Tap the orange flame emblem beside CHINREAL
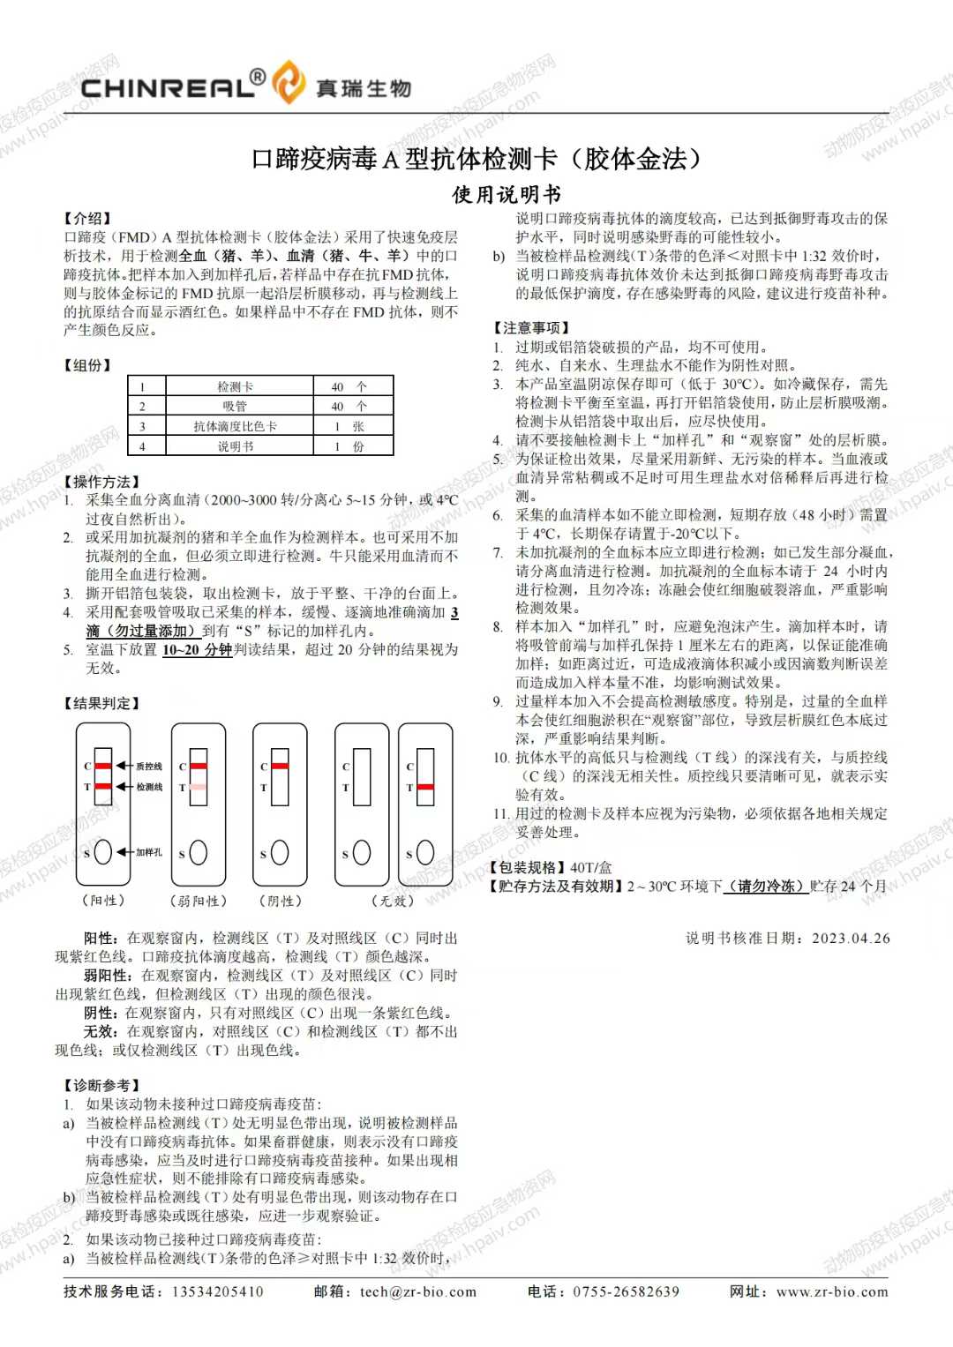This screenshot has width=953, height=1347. [288, 83]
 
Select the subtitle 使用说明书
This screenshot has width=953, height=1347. [507, 194]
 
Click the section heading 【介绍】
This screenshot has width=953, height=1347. [87, 218]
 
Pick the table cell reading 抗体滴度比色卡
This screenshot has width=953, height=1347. [235, 426]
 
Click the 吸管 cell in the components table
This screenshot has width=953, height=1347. [235, 406]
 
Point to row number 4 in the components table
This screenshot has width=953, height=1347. [142, 446]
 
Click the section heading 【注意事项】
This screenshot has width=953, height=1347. [531, 327]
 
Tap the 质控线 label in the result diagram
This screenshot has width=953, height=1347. [149, 766]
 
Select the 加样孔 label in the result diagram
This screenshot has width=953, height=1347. [149, 852]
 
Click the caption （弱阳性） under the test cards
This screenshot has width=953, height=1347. [199, 901]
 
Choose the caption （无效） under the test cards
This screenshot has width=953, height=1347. [393, 901]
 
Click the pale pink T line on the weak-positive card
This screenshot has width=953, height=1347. [199, 786]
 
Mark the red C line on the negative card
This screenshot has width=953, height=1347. [280, 765]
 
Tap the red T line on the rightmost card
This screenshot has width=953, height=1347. [425, 786]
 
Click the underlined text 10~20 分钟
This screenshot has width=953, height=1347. [197, 650]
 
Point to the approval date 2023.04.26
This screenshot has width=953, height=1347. [851, 938]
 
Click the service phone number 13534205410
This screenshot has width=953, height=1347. [217, 1291]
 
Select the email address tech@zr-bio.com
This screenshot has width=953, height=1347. [418, 1291]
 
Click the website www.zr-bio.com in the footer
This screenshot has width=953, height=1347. [832, 1291]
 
